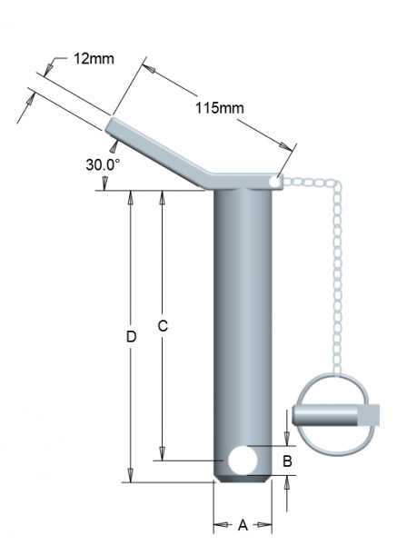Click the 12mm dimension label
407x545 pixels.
[x=94, y=59]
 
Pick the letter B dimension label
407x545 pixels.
[x=288, y=461]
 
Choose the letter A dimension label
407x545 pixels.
[x=243, y=526]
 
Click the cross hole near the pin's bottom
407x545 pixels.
[x=243, y=461]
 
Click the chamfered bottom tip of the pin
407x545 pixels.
[x=243, y=479]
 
